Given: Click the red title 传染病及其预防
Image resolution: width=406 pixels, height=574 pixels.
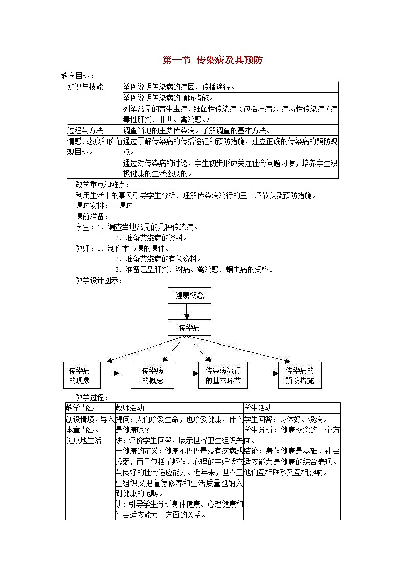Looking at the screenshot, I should tap(212, 60).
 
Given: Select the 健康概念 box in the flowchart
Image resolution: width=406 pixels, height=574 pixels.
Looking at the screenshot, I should tap(189, 295).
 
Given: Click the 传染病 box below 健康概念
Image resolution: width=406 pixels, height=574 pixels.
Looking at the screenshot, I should tap(189, 328).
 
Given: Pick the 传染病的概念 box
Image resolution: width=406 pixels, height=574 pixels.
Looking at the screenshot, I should tap(152, 376).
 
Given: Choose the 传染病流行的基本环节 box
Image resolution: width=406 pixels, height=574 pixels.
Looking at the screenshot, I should tap(223, 376).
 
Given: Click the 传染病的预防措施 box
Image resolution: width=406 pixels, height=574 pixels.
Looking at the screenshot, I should tap(300, 376).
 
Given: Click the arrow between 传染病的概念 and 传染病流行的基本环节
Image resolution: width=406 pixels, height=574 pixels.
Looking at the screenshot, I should tap(189, 373).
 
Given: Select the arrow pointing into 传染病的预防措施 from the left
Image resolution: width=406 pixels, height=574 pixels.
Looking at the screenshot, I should tap(266, 373).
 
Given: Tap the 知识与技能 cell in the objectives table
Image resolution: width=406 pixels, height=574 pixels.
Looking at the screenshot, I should tap(85, 87).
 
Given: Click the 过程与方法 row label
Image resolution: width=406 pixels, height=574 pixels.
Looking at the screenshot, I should tap(85, 130).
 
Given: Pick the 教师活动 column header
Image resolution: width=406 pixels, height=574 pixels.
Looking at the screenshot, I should tap(130, 408).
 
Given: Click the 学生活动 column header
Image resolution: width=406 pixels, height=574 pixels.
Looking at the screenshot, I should tap(258, 408).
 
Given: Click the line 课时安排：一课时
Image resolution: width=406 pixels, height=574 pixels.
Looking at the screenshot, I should tap(104, 205).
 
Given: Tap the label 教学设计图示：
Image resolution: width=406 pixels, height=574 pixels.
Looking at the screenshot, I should tap(99, 280).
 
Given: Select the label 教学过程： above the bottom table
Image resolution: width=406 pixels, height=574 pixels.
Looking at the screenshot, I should tap(92, 397).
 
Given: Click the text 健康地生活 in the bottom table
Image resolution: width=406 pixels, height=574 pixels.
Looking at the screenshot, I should tap(84, 440).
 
